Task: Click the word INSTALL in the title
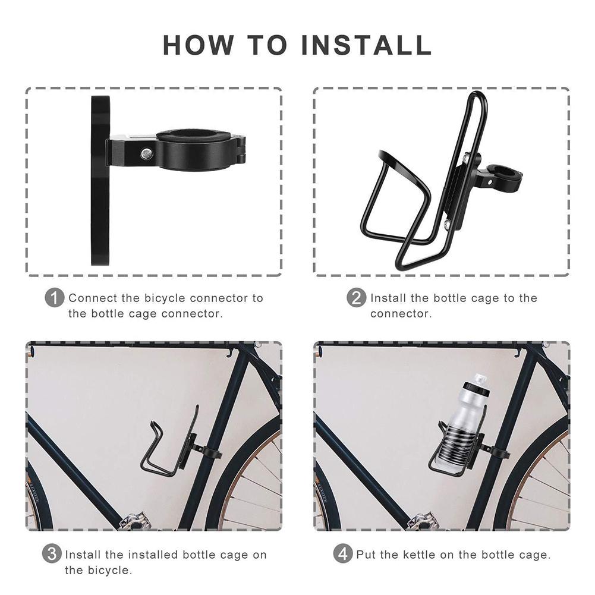(366, 45)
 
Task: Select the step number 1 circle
(55, 298)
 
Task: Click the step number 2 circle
(356, 298)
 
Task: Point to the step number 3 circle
(52, 555)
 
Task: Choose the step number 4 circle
(343, 555)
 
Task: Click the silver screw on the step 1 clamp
(144, 153)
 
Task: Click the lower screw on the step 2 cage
(446, 223)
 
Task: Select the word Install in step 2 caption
(388, 298)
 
